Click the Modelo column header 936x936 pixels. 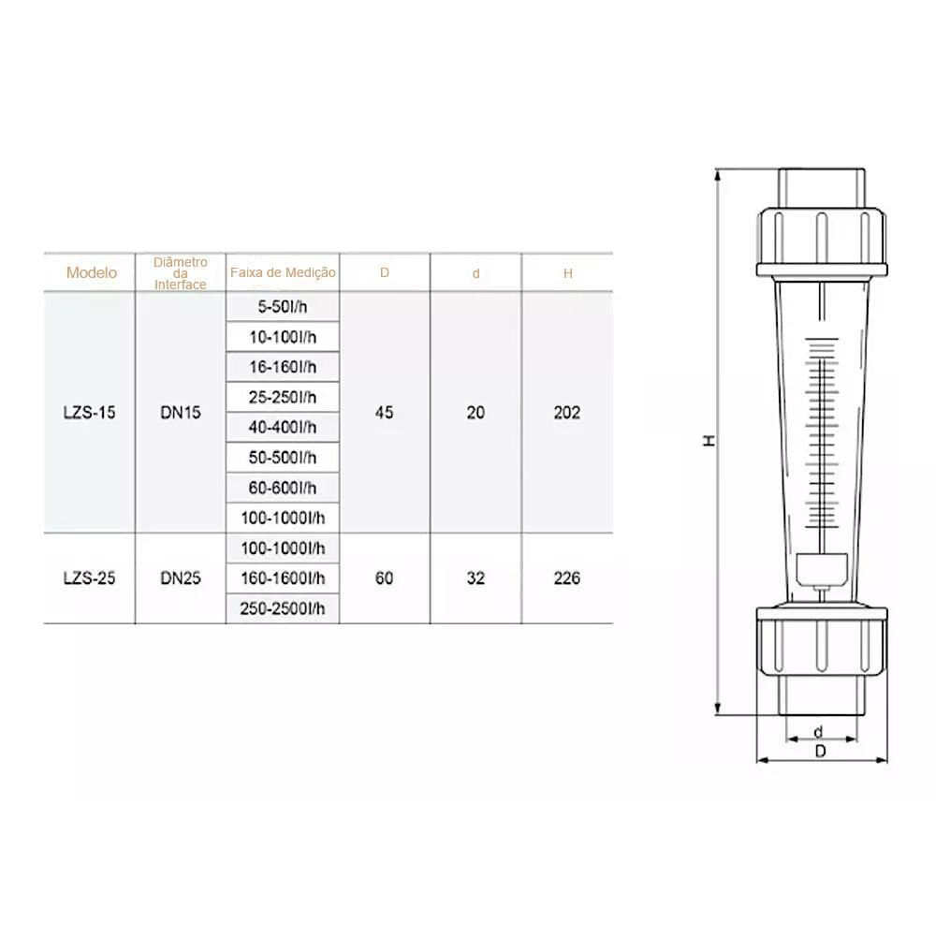[x=92, y=272]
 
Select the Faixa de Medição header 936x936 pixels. [x=283, y=272]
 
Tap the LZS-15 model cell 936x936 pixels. [x=90, y=413]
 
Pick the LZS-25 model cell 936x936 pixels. [x=90, y=578]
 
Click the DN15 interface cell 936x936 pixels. [x=181, y=413]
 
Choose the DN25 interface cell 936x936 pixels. [x=181, y=578]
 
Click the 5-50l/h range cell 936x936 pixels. [x=283, y=307]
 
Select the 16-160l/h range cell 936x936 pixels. [x=283, y=367]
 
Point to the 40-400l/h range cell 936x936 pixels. [x=283, y=428]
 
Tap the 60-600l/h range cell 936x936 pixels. [x=283, y=489]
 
